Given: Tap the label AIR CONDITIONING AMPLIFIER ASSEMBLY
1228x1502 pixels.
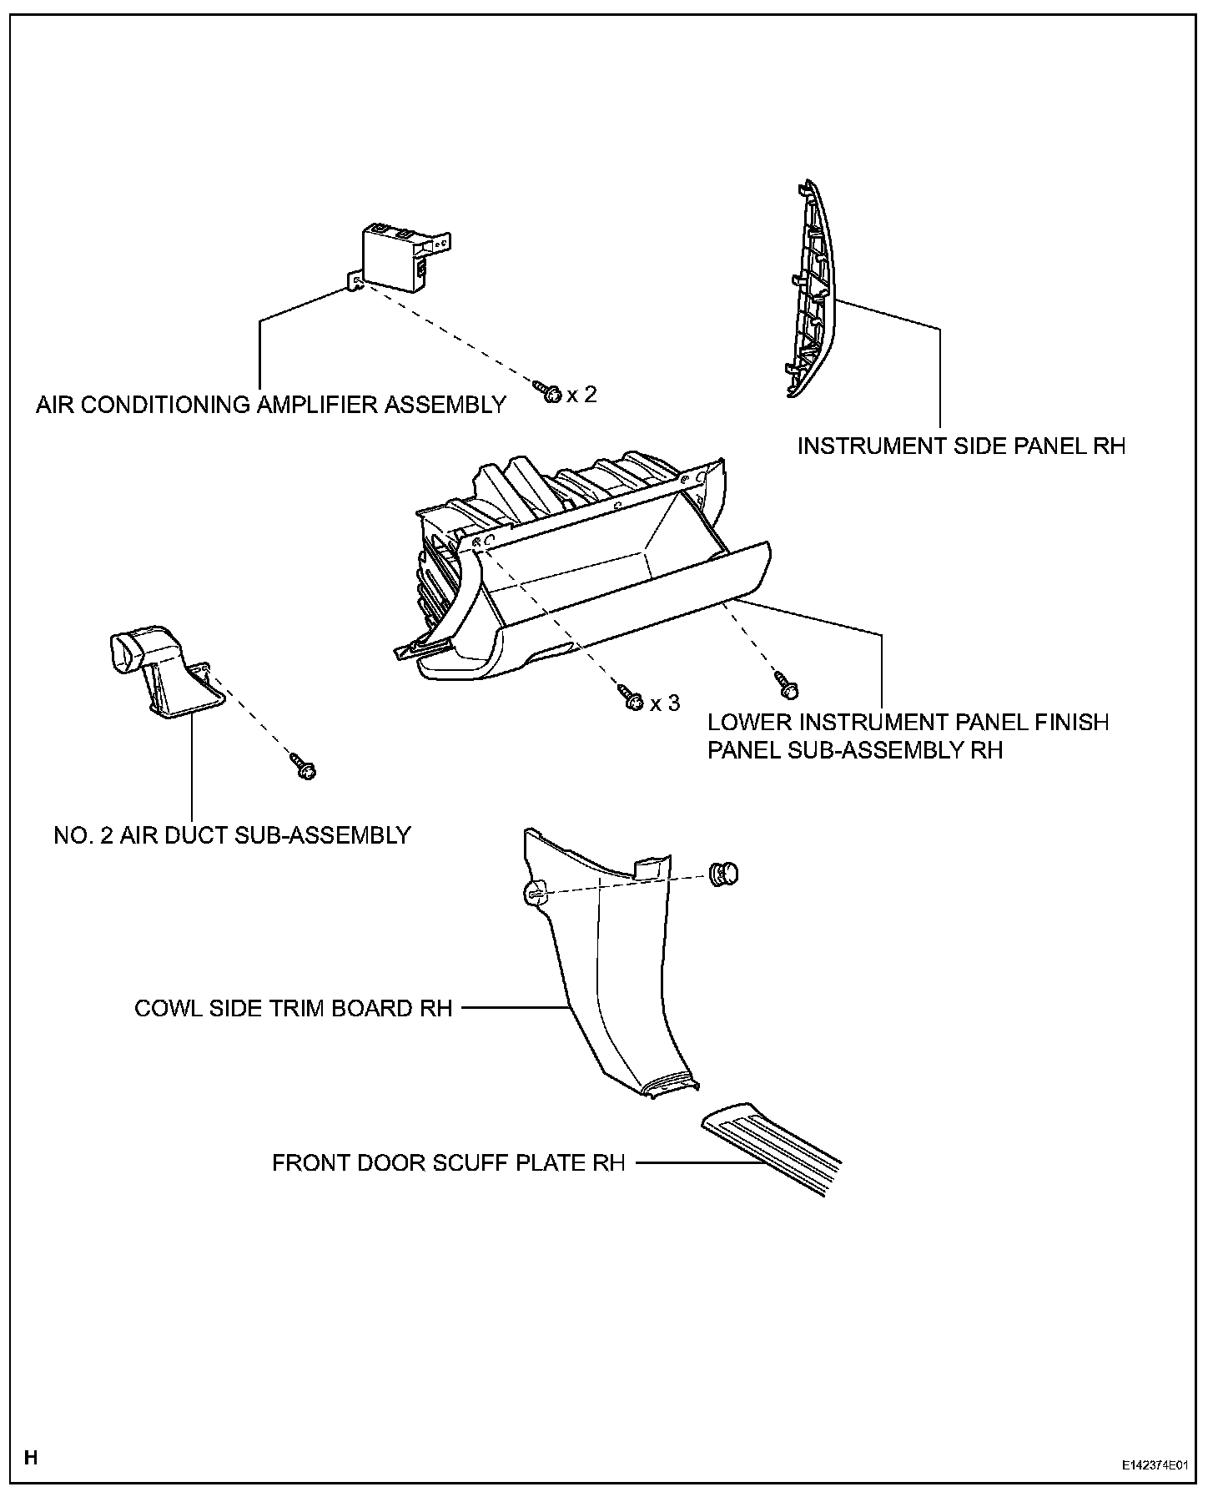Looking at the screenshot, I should [271, 405].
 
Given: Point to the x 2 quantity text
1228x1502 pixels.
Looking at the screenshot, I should [582, 394].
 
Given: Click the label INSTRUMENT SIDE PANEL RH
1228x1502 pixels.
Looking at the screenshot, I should [961, 446].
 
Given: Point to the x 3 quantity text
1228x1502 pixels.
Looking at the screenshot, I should [665, 703].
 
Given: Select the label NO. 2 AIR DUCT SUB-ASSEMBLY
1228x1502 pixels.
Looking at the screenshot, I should [232, 835].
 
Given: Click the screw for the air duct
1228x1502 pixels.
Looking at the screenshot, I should [304, 766].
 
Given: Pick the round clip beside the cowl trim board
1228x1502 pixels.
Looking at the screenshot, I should [723, 874].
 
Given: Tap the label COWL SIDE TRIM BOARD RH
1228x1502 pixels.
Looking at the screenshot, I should [293, 1008].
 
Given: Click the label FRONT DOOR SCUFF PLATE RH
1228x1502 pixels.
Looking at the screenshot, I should [448, 1162].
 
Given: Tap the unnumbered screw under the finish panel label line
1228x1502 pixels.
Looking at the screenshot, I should [786, 684].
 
